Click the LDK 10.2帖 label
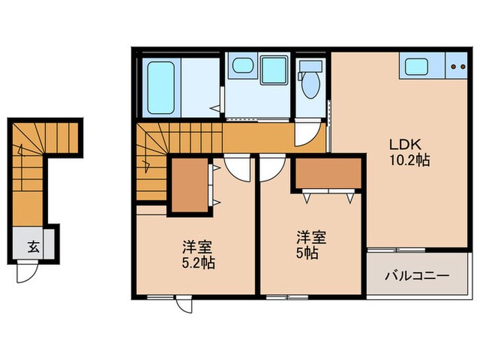pyautogui.click(x=410, y=152)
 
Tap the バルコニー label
pyautogui.click(x=416, y=276)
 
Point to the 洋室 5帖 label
pyautogui.click(x=311, y=245)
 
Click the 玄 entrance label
pyautogui.click(x=32, y=248)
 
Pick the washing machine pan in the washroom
pyautogui.click(x=274, y=70)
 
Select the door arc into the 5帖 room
pyautogui.click(x=272, y=167)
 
